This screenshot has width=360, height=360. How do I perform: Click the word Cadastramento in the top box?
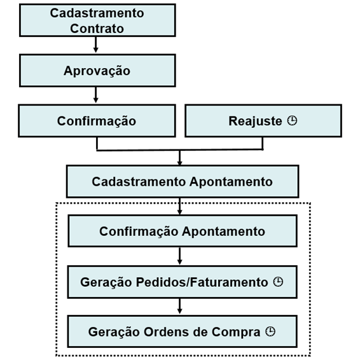click(x=97, y=13)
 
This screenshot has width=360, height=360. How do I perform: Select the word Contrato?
click(x=97, y=29)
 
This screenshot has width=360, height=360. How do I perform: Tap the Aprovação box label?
click(x=97, y=71)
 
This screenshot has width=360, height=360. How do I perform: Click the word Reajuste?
click(x=255, y=121)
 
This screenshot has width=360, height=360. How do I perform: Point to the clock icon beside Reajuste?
click(x=292, y=121)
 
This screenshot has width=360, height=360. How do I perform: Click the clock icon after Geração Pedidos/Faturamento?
click(x=278, y=282)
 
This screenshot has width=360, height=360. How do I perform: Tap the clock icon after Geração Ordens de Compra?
click(x=270, y=331)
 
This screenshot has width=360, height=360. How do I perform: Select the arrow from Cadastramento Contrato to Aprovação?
click(x=96, y=45)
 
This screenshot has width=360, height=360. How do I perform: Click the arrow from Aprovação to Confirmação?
click(x=96, y=95)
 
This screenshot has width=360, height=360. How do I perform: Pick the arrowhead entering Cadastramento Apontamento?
click(x=180, y=163)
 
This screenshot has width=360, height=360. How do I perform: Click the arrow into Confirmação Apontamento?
click(x=180, y=206)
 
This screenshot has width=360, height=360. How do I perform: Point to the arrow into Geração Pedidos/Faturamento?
click(x=180, y=256)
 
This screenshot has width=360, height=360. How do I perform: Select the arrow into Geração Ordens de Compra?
click(x=180, y=307)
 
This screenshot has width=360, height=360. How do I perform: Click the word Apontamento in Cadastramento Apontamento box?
click(x=231, y=182)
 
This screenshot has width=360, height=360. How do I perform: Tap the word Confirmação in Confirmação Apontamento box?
click(x=139, y=232)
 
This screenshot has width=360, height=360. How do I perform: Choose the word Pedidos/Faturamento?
click(x=202, y=282)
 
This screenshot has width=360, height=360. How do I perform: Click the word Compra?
click(x=236, y=332)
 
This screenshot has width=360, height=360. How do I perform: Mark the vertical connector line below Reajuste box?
click(x=263, y=144)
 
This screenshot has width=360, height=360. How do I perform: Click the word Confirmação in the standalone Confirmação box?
click(x=97, y=121)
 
